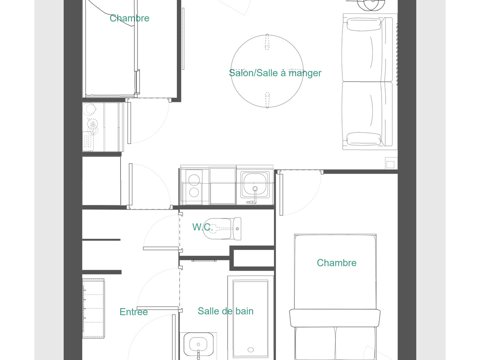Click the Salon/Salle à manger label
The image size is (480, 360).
point(275,73)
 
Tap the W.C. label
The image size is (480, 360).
point(202,227)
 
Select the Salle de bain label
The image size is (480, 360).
point(226,311)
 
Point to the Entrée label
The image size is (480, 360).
point(134,312)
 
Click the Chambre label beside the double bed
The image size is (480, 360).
point(336,263)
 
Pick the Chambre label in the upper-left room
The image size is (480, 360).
point(130,18)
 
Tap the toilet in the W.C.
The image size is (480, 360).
point(222,229)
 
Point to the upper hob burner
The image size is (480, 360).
point(194,180)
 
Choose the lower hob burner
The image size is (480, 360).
point(194,192)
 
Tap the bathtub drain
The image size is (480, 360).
point(251,350)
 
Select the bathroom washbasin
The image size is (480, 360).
point(198,346)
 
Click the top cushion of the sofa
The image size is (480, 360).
point(364,24)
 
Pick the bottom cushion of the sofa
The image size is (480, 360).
point(364,139)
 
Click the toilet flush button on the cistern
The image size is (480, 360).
point(237,229)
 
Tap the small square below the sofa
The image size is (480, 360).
point(390,164)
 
